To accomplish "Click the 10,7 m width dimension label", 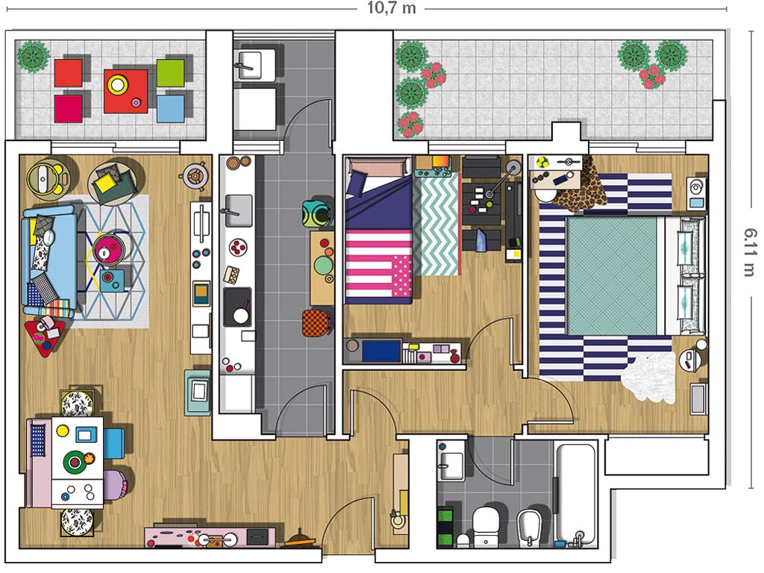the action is coord(391,8).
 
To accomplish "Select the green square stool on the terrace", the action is coord(171,73).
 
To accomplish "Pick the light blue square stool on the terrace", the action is coord(171,108).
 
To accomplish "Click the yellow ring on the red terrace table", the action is coord(117,85).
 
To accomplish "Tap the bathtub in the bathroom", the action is coord(576,494).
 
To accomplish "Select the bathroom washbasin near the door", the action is coord(451,461).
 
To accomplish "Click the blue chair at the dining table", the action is coord(114,442).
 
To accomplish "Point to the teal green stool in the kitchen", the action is coord(316,214).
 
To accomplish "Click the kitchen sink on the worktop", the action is coord(239,211).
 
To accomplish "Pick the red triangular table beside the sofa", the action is coord(44,336).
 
